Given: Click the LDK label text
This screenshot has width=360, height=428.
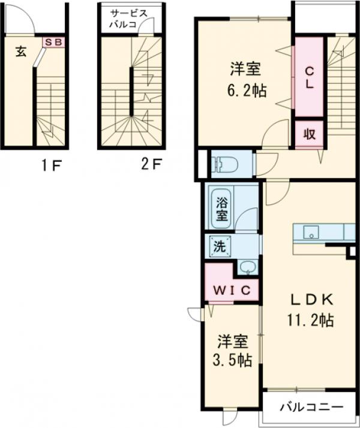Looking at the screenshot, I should point(309,300).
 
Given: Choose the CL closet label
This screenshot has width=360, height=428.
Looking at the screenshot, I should point(309,77).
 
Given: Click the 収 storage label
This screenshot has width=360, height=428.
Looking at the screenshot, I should point(309,133).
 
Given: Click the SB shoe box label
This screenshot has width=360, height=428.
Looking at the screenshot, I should point(54,43).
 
